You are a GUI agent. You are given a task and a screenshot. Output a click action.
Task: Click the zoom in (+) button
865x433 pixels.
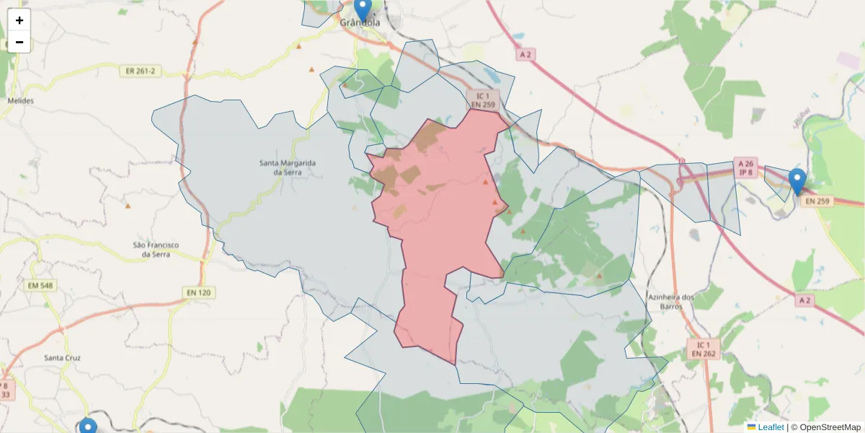coord(19,20)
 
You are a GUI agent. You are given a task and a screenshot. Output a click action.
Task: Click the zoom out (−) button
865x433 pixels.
coord(19,42)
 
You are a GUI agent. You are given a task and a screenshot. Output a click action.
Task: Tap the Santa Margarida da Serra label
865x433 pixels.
coord(288,167)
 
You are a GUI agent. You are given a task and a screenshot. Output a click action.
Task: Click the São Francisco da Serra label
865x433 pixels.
coord(156,250)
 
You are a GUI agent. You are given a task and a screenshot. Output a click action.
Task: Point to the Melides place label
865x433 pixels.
coord(20,101)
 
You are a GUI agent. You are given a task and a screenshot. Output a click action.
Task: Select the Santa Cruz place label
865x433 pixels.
coord(62,358)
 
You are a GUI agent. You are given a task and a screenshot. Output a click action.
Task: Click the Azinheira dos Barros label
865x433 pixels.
coord(670,302)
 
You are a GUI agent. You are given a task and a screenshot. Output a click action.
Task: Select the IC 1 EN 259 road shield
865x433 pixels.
coord(482,100)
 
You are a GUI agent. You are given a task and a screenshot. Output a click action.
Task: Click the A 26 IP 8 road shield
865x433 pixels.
coord(745,168)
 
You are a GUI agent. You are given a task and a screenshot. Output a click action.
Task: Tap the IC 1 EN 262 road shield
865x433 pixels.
coord(704,349)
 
